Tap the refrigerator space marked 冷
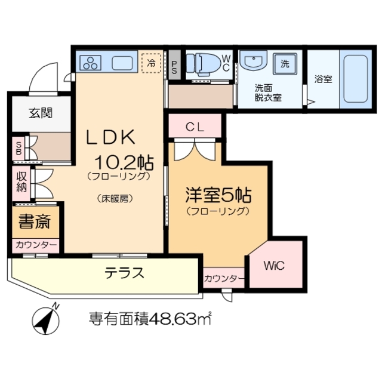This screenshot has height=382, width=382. (x=152, y=62)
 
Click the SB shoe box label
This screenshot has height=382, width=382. (x=19, y=148)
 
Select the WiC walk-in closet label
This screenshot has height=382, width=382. (x=273, y=265)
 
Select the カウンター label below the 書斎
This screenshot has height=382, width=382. (x=36, y=245)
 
